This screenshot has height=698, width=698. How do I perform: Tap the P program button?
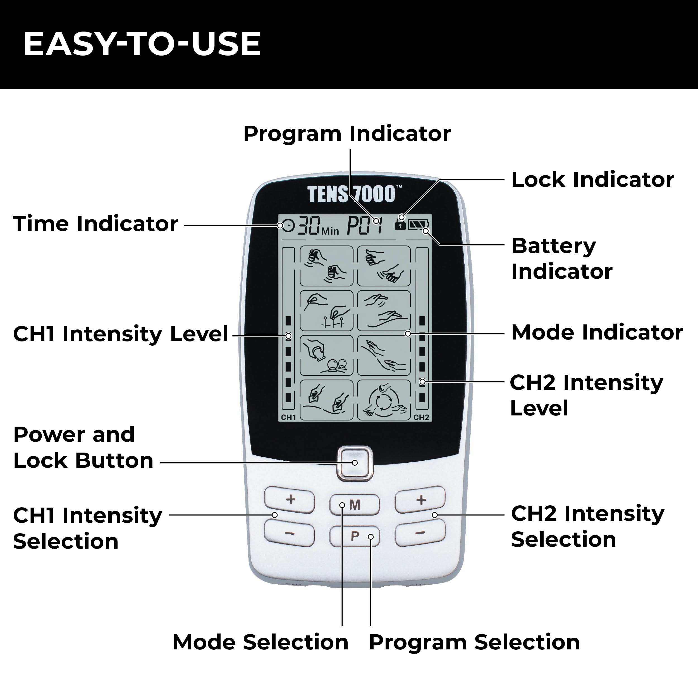pos(354,536)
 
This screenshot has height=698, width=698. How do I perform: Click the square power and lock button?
pos(354,463)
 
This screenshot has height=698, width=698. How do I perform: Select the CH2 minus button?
pos(420,532)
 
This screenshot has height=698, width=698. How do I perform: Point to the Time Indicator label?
pos(95,223)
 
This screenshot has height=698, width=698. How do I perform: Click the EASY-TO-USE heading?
pos(142,44)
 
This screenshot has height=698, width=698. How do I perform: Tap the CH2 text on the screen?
pos(421,417)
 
